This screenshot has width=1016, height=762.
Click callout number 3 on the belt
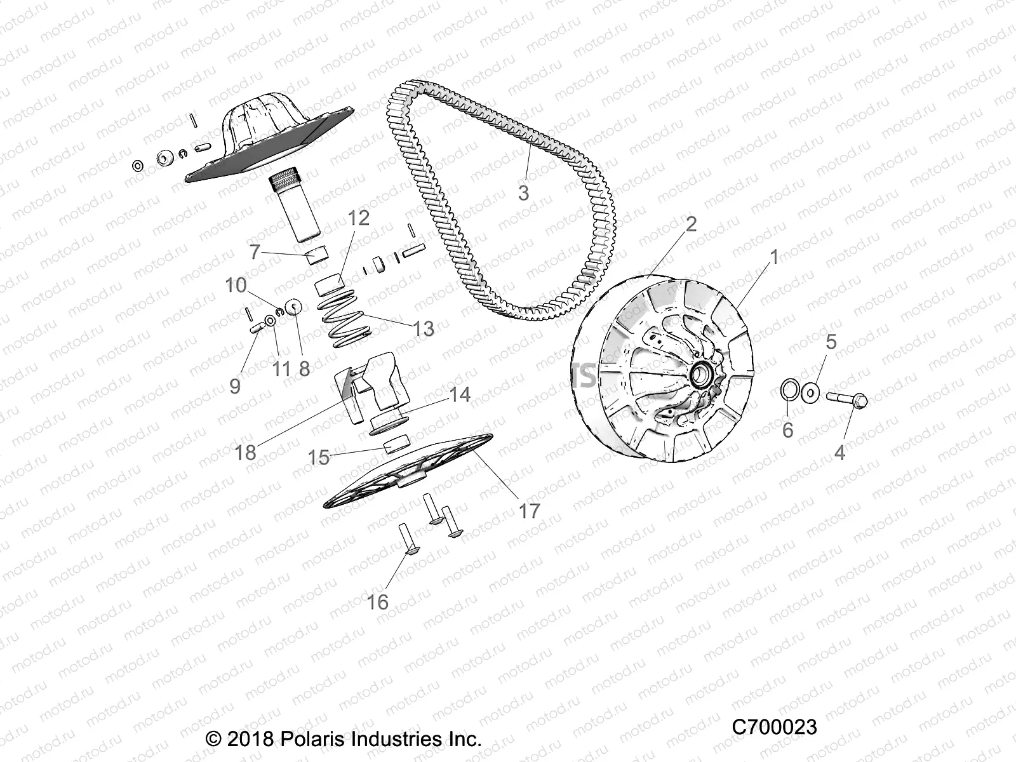point(523,192)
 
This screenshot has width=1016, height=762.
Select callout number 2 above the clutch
point(691,224)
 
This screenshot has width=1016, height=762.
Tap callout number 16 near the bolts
point(378,601)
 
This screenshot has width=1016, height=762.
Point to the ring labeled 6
point(788,390)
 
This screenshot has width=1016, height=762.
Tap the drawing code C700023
point(774,726)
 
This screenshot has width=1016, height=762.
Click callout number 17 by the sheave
point(529,510)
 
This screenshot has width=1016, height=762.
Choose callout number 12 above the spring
point(358,218)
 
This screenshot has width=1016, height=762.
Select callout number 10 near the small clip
point(236,285)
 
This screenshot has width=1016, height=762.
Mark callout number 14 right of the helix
point(459,394)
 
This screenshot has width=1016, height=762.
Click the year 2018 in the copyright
point(250,739)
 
